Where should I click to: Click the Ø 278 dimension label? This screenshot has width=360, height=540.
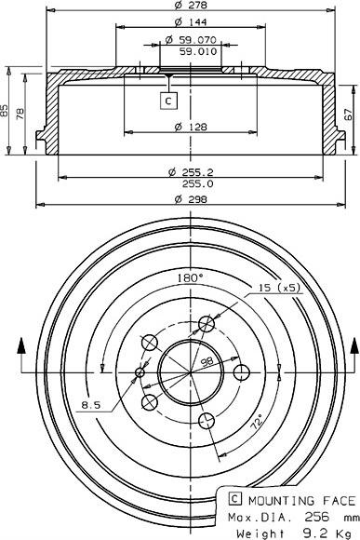pyautogui.click(x=191, y=5)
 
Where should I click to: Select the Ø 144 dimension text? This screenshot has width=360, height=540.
pyautogui.click(x=191, y=22)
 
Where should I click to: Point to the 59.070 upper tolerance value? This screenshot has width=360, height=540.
pyautogui.click(x=191, y=40)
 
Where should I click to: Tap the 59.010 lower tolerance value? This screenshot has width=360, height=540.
pyautogui.click(x=198, y=51)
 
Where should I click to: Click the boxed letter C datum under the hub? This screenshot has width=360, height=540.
pyautogui.click(x=168, y=101)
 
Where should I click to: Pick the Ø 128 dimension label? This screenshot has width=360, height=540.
pyautogui.click(x=191, y=127)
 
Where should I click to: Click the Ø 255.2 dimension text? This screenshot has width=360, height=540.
pyautogui.click(x=191, y=172)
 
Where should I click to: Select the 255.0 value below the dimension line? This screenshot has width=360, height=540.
pyautogui.click(x=197, y=184)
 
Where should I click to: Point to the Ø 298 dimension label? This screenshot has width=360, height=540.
pyautogui.click(x=191, y=199)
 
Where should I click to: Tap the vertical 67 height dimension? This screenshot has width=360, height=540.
pyautogui.click(x=349, y=114)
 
